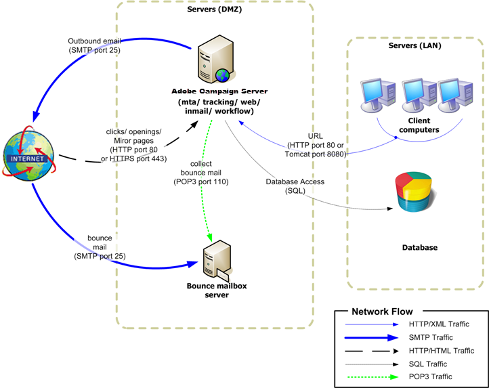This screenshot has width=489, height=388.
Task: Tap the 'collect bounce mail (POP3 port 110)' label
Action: (201, 172)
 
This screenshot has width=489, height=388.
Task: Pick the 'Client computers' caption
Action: (414, 125)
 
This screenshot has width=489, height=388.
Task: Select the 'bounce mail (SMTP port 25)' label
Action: (99, 251)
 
